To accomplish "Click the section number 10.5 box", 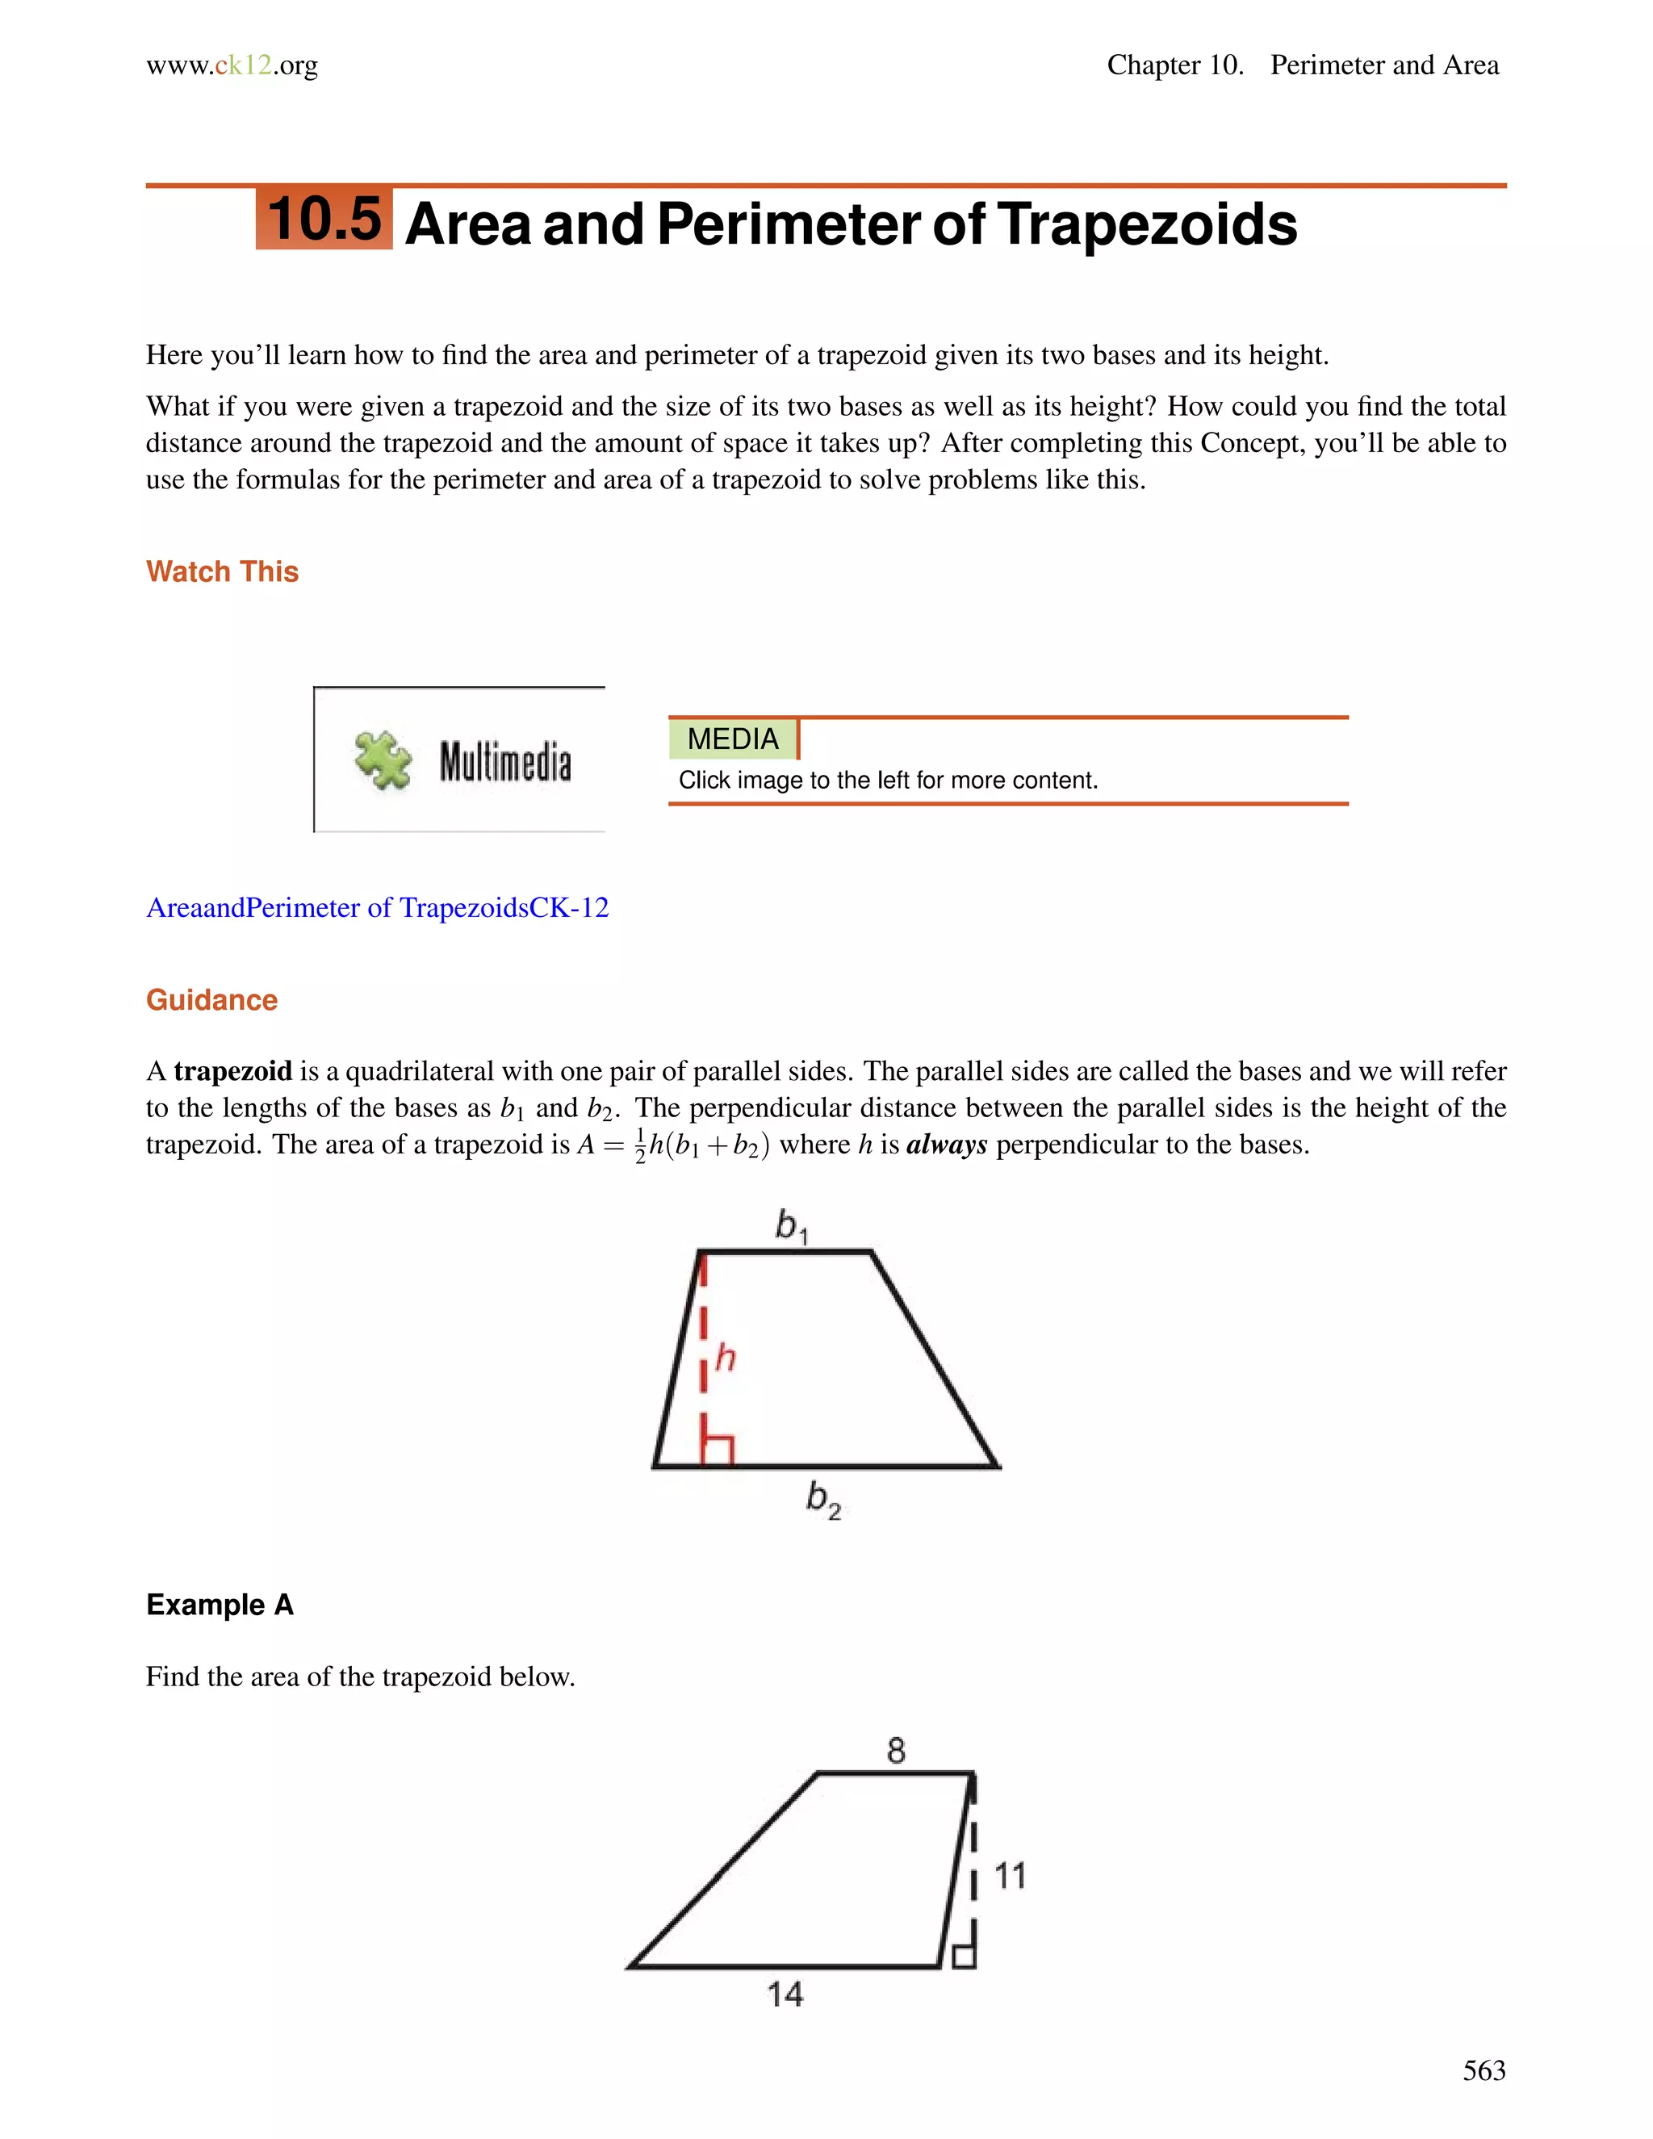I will (x=324, y=219).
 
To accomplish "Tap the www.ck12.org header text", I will (x=232, y=65).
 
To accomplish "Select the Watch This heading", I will (x=222, y=572).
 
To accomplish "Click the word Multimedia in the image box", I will (x=504, y=762).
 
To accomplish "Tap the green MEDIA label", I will (x=733, y=739).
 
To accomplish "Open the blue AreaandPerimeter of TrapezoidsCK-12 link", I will (x=377, y=908).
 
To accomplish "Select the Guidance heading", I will (x=211, y=1000).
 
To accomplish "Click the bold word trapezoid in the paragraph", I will (x=233, y=1071).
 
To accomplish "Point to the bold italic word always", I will (x=946, y=1145).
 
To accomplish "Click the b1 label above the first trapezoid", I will (x=791, y=1225).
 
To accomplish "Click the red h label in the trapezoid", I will (x=726, y=1358).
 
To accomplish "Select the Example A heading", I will (x=220, y=1605).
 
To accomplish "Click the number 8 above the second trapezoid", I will (x=896, y=1750).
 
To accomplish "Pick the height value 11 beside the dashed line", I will (x=1010, y=1876).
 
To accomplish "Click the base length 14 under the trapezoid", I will (x=785, y=1994).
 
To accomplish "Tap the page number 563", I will (x=1484, y=2070).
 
